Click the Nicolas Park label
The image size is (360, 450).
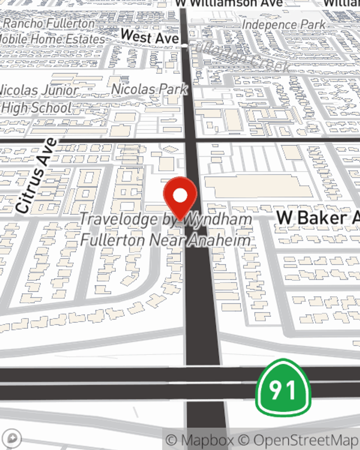[x=149, y=89]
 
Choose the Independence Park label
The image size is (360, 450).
[x=284, y=25]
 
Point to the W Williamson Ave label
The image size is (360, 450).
[x=229, y=3]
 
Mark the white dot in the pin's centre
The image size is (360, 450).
[x=180, y=195]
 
